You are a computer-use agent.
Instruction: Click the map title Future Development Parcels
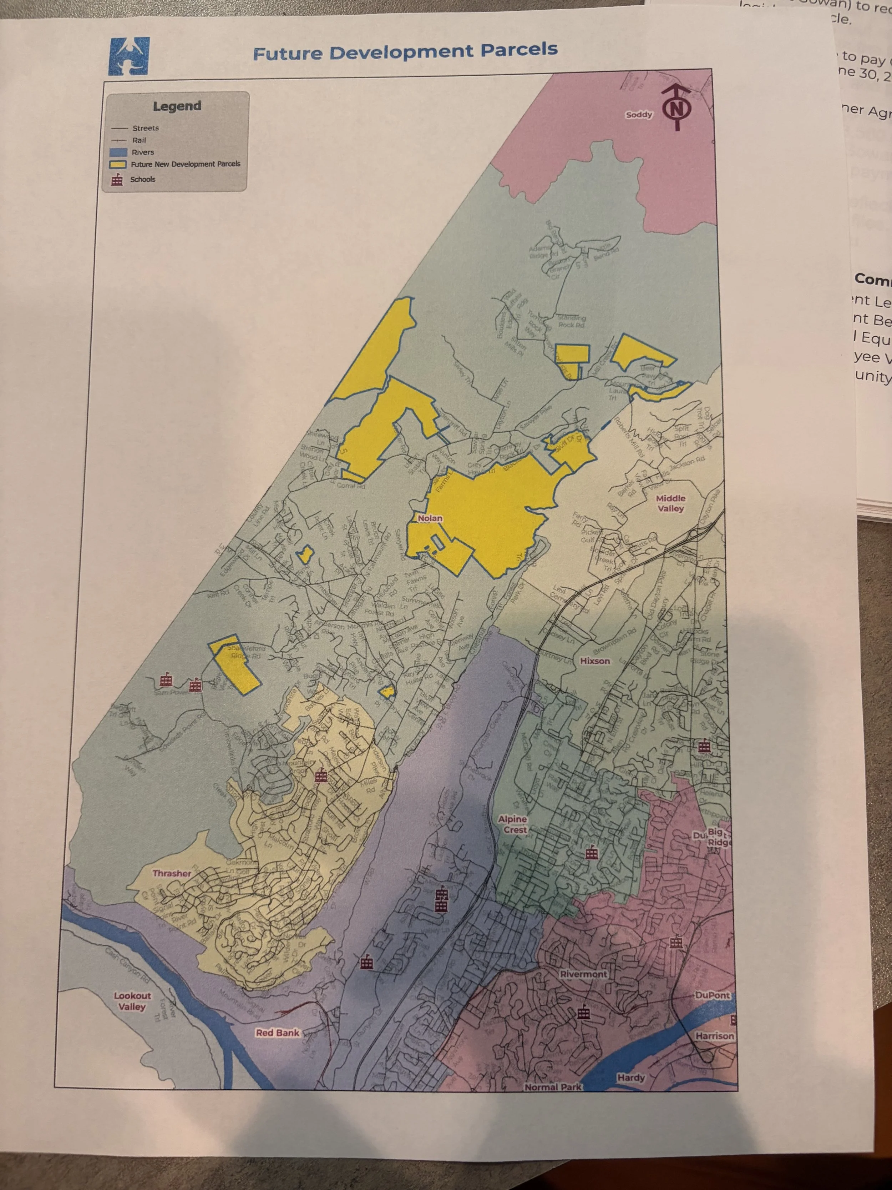[405, 52]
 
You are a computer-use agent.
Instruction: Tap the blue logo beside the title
[129, 56]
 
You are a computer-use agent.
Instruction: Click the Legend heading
[177, 106]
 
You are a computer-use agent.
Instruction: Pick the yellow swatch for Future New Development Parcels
[118, 164]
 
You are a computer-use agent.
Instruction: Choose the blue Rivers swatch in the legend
[118, 152]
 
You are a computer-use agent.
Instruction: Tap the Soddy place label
[639, 115]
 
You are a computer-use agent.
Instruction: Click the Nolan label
[430, 518]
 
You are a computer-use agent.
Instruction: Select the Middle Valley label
[670, 503]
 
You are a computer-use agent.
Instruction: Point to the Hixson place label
[595, 661]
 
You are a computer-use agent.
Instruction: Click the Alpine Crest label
[513, 824]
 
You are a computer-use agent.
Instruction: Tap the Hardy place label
[631, 1078]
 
